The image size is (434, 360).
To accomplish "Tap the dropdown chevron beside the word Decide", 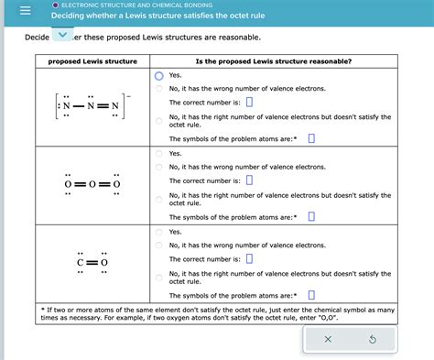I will (62, 36).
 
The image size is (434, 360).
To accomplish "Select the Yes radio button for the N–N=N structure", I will (158, 76).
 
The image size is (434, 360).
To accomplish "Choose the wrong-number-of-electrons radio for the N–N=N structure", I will (158, 89).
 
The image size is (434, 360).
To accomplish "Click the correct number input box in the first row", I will (249, 102).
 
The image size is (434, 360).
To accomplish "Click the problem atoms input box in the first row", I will (311, 139).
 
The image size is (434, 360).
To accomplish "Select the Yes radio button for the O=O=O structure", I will (158, 154).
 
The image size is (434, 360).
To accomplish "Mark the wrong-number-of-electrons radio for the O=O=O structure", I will (158, 168).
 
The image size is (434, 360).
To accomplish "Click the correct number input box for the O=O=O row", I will (249, 180).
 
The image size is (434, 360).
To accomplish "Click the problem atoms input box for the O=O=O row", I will (311, 217).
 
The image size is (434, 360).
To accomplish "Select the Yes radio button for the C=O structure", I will (158, 232).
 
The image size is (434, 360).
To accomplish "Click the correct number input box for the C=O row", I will (249, 258).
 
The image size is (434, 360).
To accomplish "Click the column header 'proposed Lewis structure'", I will (92, 61).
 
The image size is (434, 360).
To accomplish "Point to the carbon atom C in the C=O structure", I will (81, 263).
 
